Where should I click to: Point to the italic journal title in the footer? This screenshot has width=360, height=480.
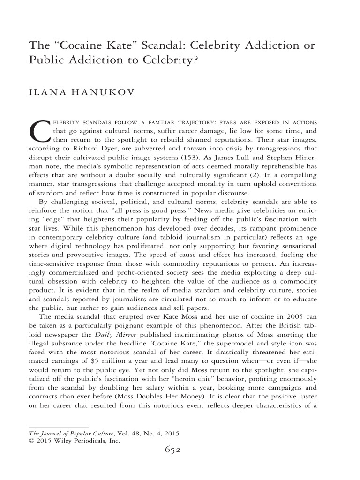(x=64, y=434)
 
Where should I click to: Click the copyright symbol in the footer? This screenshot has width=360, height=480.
(x=31, y=441)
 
